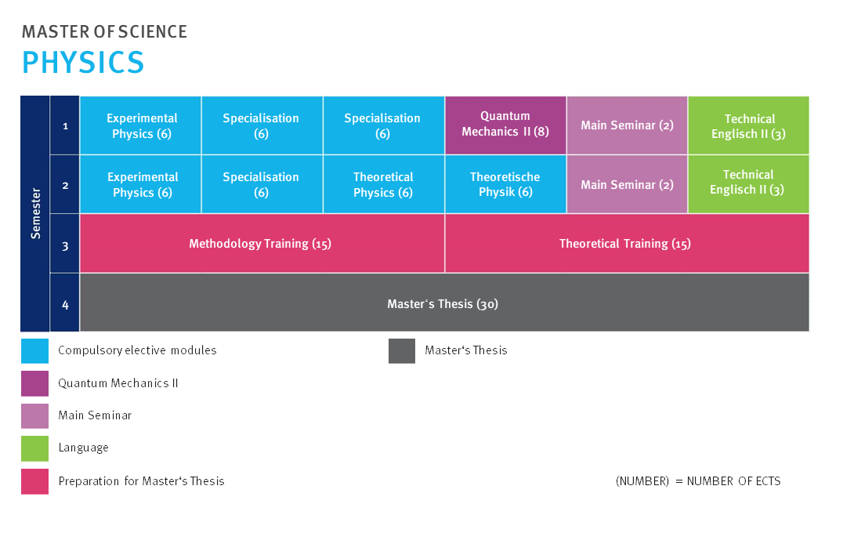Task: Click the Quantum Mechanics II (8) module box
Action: click(505, 125)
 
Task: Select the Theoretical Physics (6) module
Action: click(383, 184)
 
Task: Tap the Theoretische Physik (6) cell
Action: click(505, 184)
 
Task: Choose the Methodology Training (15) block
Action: click(262, 244)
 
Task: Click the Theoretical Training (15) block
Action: click(627, 244)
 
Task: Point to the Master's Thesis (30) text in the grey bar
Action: click(443, 304)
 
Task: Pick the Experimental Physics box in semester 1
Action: click(140, 125)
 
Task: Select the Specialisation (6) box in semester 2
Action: click(262, 184)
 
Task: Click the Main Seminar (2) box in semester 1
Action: click(627, 125)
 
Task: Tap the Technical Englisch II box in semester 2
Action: click(748, 184)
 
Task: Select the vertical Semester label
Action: click(35, 213)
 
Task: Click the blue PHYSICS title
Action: click(83, 62)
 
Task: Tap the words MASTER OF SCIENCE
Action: click(104, 31)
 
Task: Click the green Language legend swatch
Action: click(35, 448)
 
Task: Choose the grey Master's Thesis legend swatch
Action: click(402, 350)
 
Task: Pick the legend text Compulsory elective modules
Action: click(137, 350)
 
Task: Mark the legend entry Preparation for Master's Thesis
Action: click(141, 480)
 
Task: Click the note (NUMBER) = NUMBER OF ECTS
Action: click(698, 480)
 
